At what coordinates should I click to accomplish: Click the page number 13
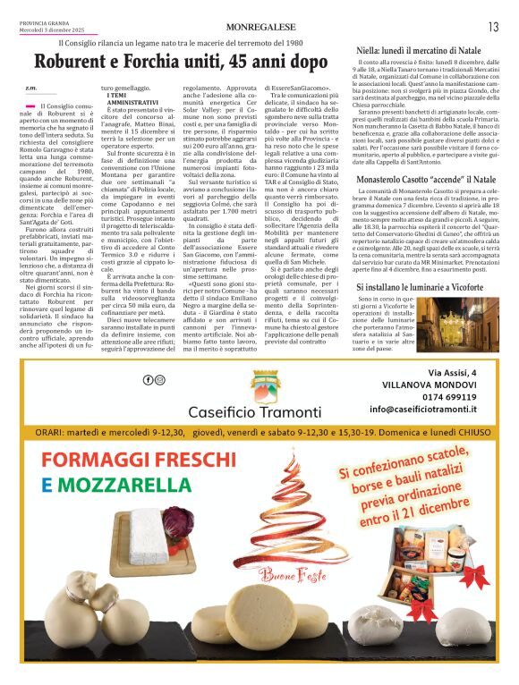click(x=493, y=27)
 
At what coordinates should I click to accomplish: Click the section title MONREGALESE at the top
click(x=259, y=28)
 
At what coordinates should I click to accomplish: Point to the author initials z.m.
click(x=30, y=88)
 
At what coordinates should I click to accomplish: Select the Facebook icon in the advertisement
click(x=149, y=380)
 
